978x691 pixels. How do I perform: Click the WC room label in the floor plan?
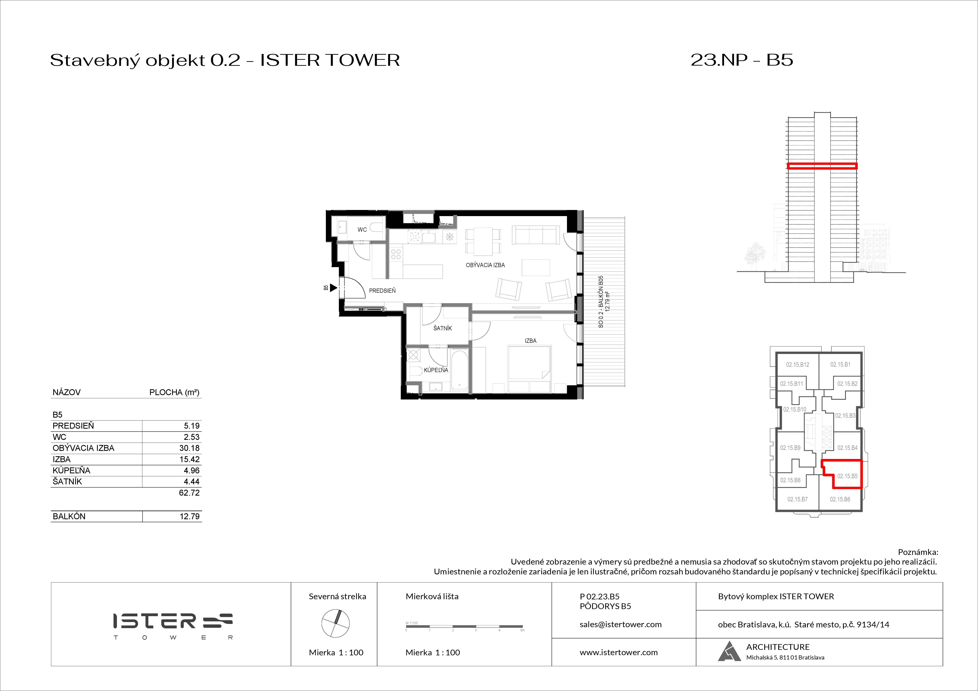pyautogui.click(x=362, y=230)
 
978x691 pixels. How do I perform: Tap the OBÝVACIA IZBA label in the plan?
pyautogui.click(x=485, y=265)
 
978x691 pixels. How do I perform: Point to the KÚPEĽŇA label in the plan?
pyautogui.click(x=436, y=370)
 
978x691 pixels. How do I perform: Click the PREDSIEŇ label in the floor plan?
pyautogui.click(x=382, y=291)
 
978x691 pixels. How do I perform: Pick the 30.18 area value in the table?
pyautogui.click(x=189, y=448)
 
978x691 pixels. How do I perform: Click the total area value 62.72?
pyautogui.click(x=189, y=493)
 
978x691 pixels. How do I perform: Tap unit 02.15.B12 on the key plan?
pyautogui.click(x=797, y=365)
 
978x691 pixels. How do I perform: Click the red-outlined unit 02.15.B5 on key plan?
pyautogui.click(x=847, y=476)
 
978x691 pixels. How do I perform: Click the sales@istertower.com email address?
pyautogui.click(x=620, y=625)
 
